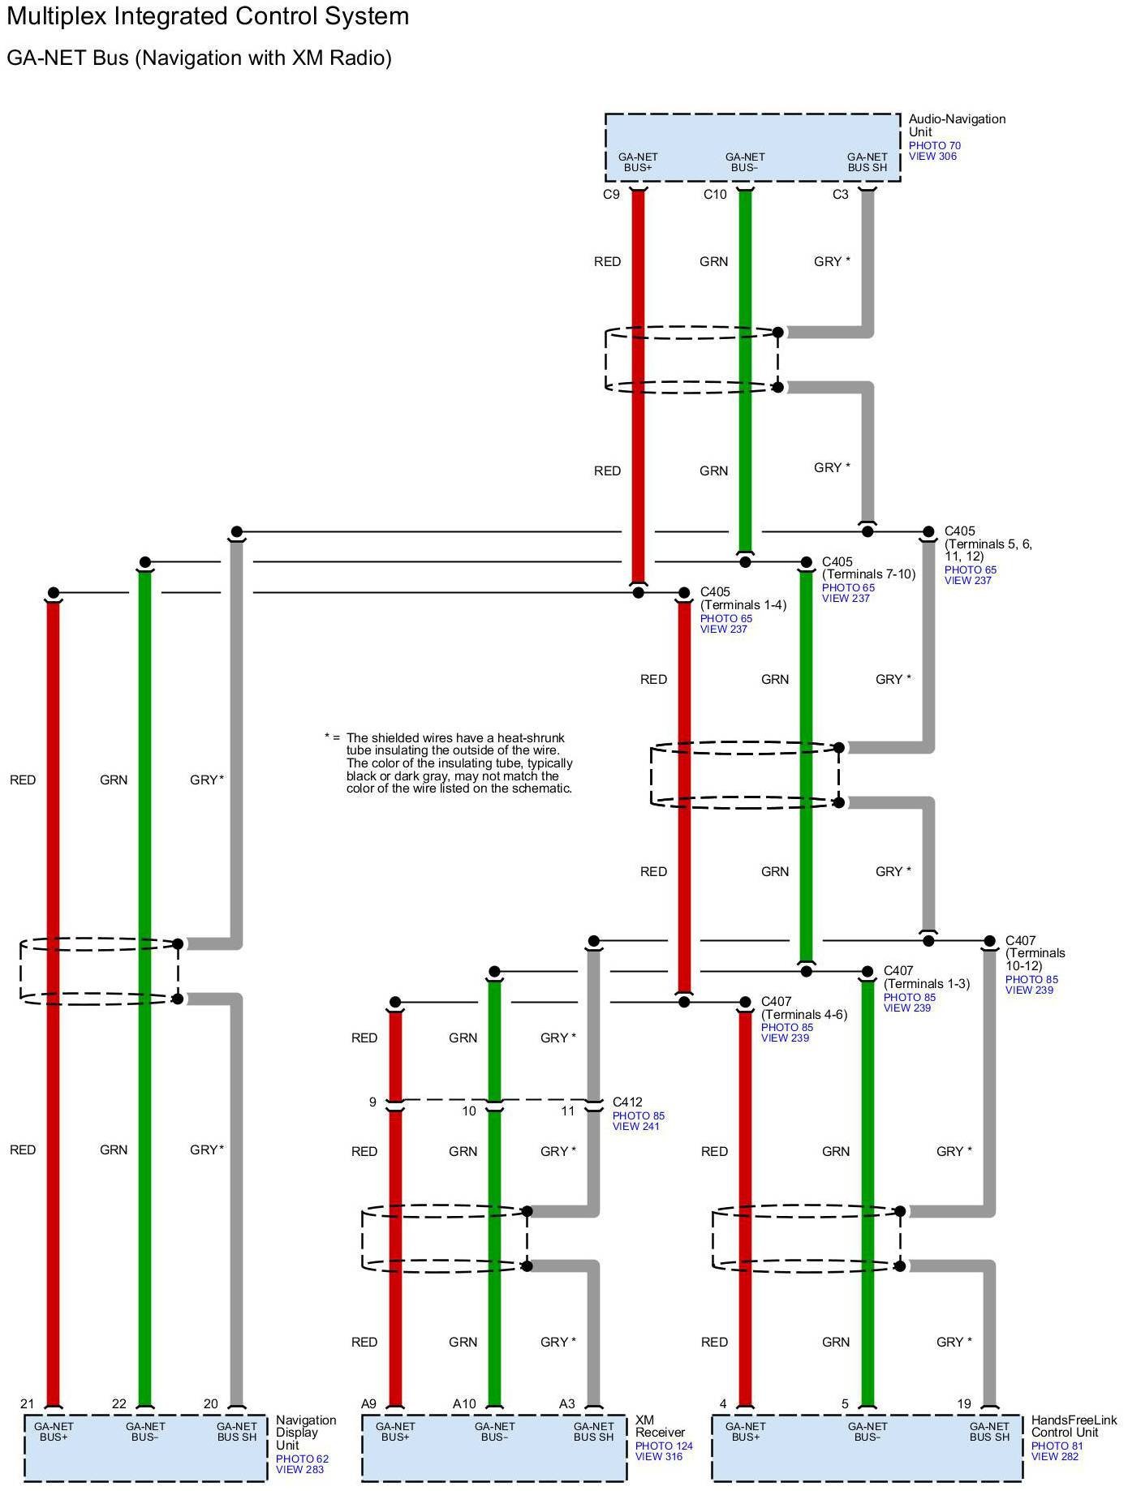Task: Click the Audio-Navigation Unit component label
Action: pyautogui.click(x=956, y=125)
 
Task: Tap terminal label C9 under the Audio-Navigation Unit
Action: pyautogui.click(x=611, y=195)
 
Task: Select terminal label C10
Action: pyautogui.click(x=715, y=195)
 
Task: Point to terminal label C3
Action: pyautogui.click(x=840, y=195)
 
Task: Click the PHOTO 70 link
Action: pyautogui.click(x=934, y=146)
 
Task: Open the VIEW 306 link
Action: pyautogui.click(x=932, y=157)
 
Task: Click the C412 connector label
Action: pyautogui.click(x=627, y=1102)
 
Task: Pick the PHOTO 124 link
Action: pyautogui.click(x=664, y=1446)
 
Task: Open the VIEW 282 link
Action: pyautogui.click(x=1055, y=1456)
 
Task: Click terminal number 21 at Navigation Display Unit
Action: pyautogui.click(x=28, y=1403)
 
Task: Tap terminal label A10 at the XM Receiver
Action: pyautogui.click(x=464, y=1403)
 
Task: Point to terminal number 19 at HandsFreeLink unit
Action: pyautogui.click(x=963, y=1403)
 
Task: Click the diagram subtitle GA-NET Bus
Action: pyautogui.click(x=199, y=58)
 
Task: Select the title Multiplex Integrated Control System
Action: pyautogui.click(x=208, y=16)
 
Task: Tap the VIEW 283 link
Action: pyautogui.click(x=299, y=1469)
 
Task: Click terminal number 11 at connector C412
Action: pyautogui.click(x=568, y=1111)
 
